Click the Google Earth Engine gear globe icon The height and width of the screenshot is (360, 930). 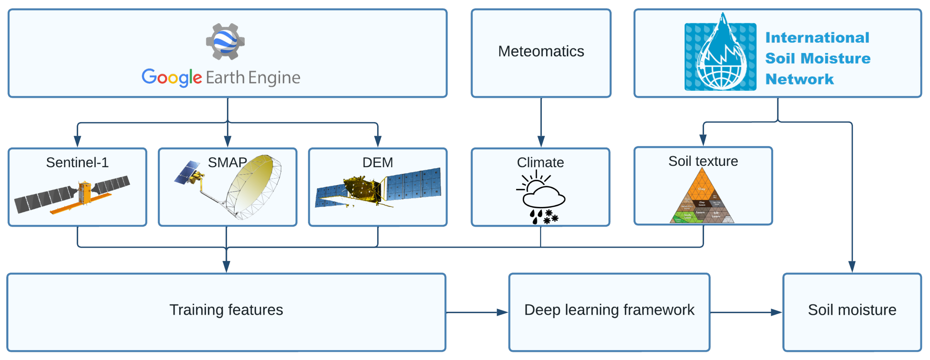225,41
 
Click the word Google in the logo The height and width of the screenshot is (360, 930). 172,77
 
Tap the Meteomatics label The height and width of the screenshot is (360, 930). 541,51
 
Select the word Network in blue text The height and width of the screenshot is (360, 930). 799,79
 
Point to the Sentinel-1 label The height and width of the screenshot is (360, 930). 77,163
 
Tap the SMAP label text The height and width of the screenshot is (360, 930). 227,163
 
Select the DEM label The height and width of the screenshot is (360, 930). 378,163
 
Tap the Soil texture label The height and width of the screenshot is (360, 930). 703,161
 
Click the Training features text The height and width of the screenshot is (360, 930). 226,310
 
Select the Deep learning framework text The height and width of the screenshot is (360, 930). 609,310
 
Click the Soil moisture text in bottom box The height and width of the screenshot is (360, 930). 852,310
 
